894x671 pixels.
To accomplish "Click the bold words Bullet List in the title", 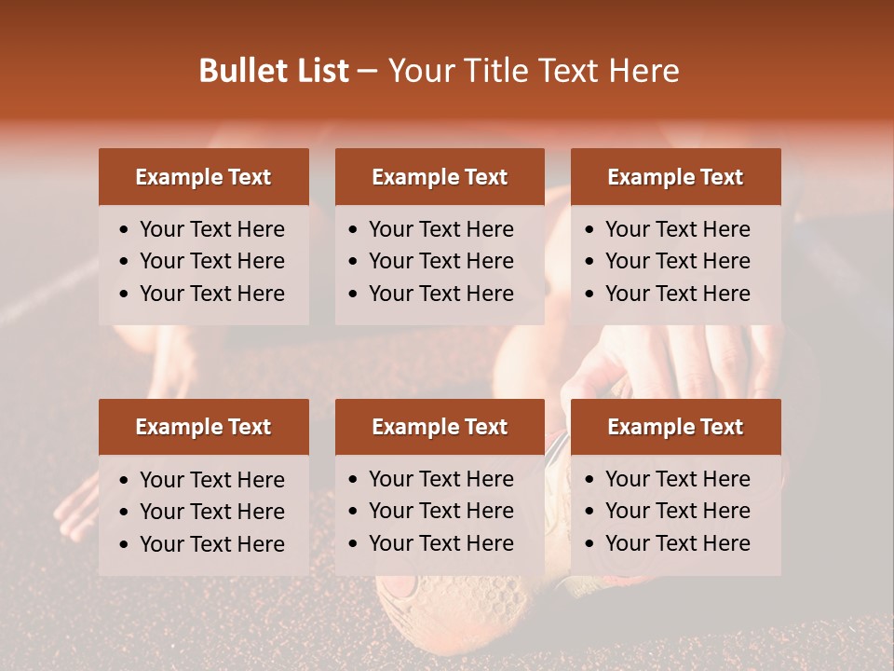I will pos(274,71).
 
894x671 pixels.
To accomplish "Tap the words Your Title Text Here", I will pos(533,71).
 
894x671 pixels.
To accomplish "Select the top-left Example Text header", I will pos(203,177).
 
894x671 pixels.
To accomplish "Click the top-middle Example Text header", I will pos(440,177).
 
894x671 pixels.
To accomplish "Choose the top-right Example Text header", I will pos(675,177).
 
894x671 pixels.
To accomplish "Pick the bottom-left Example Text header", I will pos(203,427).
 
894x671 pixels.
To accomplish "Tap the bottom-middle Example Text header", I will pos(440,427).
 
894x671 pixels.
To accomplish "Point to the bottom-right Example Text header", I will pos(675,427).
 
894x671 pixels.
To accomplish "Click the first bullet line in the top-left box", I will pos(211,229).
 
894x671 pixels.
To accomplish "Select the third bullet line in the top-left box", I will pos(211,294).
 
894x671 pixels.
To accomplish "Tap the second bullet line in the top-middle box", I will pos(440,261).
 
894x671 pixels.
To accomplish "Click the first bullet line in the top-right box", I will pos(677,229).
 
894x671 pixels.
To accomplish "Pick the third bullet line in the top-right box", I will pos(677,294).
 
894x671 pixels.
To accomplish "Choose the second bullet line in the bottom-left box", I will pos(211,512).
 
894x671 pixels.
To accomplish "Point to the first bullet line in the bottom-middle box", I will pos(440,479).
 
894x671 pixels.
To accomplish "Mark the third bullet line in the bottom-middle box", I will pos(440,543).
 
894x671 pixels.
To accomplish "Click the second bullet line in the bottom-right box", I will pos(677,511).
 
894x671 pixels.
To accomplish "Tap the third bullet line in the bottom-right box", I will pos(677,543).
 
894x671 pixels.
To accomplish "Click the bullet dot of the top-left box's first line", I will pos(125,230).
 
